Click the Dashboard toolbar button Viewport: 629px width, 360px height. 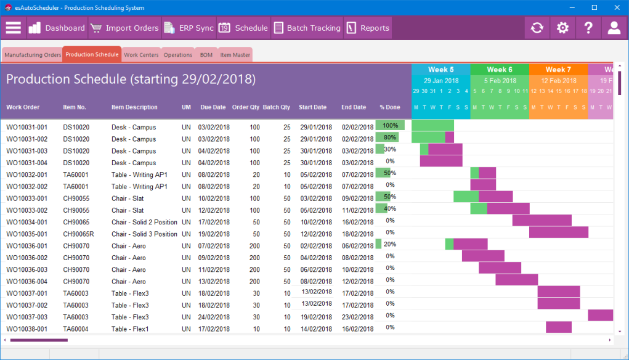point(57,28)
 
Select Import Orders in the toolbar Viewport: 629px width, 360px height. point(124,28)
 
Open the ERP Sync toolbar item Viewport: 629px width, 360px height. point(189,28)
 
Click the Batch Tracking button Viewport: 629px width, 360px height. point(306,28)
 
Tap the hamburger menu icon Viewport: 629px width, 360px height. point(13,28)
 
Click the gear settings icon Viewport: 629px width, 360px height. point(562,28)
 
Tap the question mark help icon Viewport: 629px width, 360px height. point(588,28)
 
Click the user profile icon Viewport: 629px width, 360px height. point(614,28)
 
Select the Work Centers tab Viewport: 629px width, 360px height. point(141,55)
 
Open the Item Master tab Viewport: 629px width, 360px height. point(235,55)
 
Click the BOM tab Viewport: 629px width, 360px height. point(206,55)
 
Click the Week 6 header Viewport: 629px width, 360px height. point(499,70)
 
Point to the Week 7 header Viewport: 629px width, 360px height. point(558,70)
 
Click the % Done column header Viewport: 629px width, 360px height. point(389,107)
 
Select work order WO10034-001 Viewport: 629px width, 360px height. point(26,222)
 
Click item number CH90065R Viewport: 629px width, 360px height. point(78,234)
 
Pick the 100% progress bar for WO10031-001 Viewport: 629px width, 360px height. point(390,126)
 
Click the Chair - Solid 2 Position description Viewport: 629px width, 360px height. point(144,222)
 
